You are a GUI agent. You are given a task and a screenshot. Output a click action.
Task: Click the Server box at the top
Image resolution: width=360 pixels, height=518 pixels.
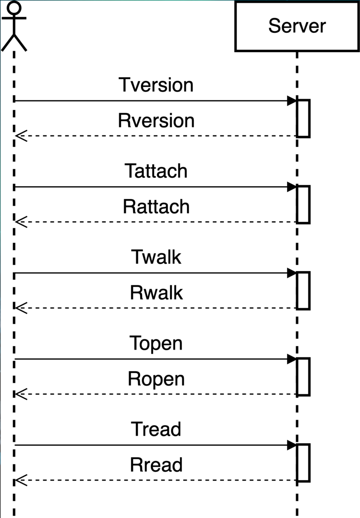(x=297, y=26)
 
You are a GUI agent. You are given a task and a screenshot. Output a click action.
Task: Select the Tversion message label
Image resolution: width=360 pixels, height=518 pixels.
(x=156, y=85)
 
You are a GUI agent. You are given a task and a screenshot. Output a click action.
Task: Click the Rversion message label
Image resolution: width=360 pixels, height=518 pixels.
(x=156, y=120)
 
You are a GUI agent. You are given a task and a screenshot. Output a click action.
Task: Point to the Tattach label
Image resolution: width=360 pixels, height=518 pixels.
(x=156, y=171)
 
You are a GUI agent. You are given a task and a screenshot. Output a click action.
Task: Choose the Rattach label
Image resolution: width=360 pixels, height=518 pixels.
(x=156, y=206)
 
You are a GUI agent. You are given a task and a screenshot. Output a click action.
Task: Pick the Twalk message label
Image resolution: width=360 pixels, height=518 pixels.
(x=156, y=257)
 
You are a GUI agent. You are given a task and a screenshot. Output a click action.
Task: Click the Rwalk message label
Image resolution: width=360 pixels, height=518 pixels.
(x=156, y=293)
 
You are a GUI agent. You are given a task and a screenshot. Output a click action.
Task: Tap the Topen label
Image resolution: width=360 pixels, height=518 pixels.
(x=156, y=344)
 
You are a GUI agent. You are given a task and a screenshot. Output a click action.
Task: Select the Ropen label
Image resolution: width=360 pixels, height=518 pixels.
(x=156, y=379)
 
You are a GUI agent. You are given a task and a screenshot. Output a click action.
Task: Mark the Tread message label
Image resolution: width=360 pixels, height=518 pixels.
(x=156, y=429)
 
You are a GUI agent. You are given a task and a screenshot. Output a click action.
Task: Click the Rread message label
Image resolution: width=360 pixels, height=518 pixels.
(x=156, y=465)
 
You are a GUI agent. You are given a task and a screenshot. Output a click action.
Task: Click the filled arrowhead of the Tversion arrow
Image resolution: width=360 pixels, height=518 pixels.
(x=292, y=101)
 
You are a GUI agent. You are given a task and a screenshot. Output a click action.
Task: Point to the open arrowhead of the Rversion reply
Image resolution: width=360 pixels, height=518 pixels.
(x=21, y=136)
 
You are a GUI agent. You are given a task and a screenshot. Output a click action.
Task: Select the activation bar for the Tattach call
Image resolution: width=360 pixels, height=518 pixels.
(x=303, y=205)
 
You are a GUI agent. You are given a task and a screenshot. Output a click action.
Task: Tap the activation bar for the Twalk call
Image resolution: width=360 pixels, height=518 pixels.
(x=303, y=291)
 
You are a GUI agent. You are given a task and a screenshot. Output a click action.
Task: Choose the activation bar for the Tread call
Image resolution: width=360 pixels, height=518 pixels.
(x=303, y=463)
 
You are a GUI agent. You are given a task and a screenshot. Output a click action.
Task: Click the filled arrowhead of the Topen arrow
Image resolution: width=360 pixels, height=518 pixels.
(x=292, y=359)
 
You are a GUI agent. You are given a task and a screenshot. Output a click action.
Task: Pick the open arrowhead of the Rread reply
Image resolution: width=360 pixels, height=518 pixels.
(x=21, y=480)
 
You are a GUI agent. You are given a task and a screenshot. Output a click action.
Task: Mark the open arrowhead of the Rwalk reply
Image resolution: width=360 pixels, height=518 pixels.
(x=21, y=308)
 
